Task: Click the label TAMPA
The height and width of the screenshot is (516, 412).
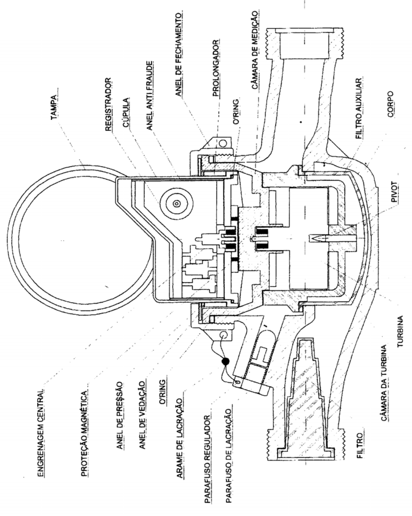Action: click(x=54, y=107)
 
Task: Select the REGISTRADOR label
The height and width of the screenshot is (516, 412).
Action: click(x=108, y=104)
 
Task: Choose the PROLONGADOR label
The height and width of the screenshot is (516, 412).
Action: click(x=216, y=68)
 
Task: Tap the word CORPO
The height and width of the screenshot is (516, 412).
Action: click(x=390, y=104)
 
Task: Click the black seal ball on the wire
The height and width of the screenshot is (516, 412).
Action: click(x=225, y=361)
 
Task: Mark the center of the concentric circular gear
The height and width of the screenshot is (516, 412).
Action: click(x=177, y=204)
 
